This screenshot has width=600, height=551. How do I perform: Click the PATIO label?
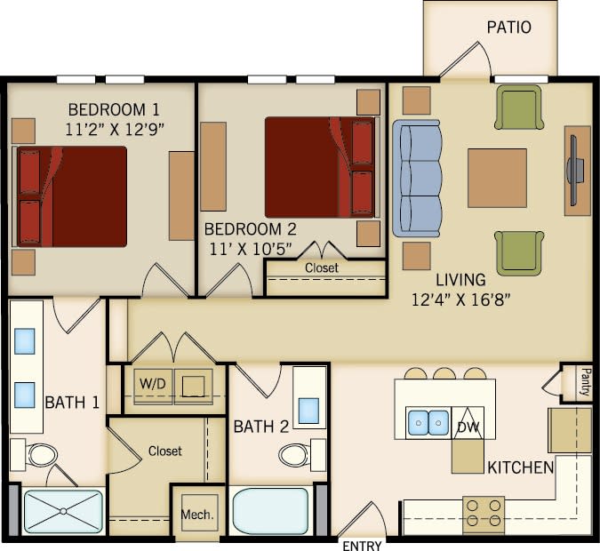coord(508,28)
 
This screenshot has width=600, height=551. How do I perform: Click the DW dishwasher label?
coord(468,427)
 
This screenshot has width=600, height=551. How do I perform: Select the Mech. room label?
coord(196,515)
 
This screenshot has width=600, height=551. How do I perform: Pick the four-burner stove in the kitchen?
coord(484,514)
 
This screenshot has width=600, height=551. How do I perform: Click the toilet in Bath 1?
coord(40,456)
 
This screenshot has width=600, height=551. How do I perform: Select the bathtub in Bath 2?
coord(270,510)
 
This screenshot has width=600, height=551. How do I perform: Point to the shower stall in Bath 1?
coord(62,511)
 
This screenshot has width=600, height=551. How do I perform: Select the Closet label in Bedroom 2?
coord(322,268)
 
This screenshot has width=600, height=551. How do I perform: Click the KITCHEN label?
coord(520,467)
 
